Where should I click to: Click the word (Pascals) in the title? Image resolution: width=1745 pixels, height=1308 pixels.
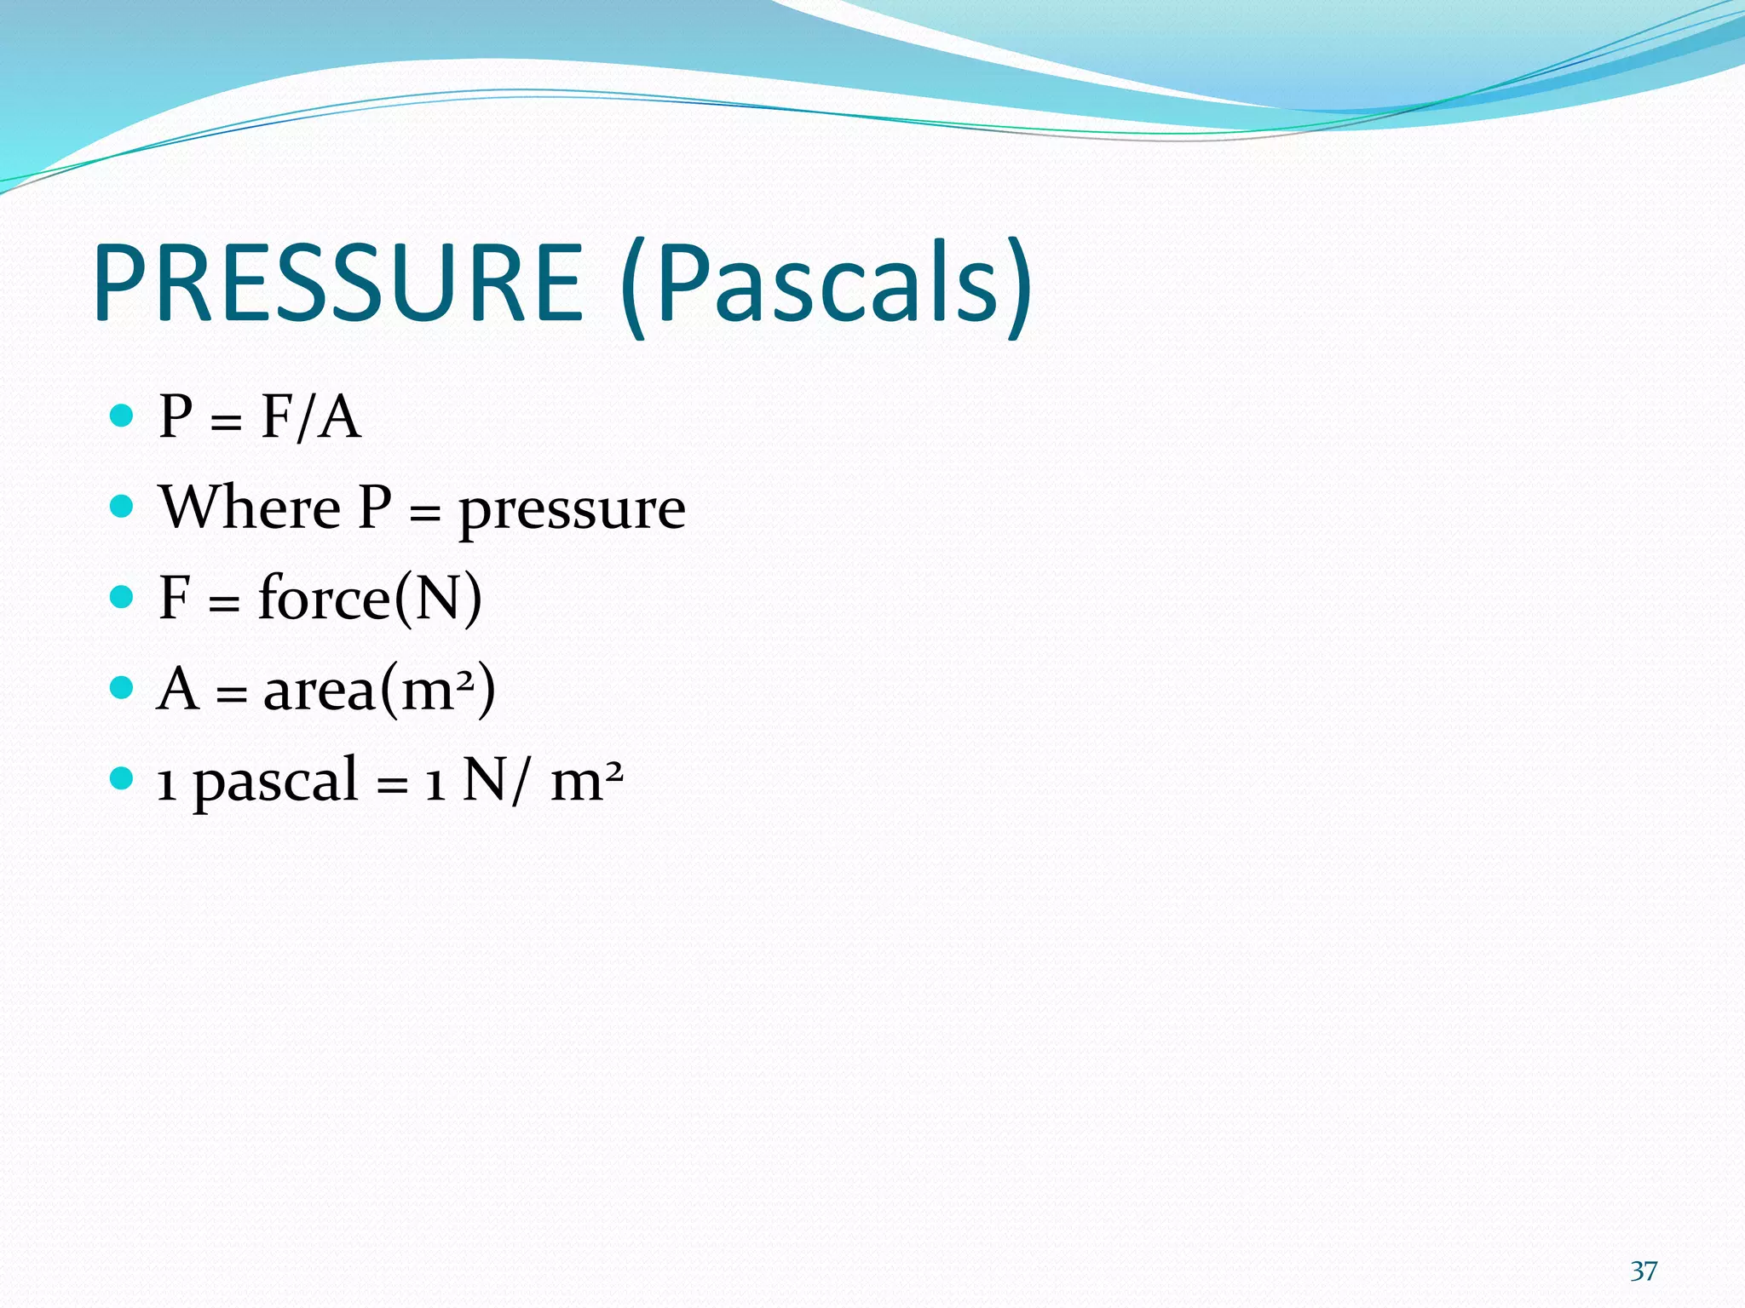pyautogui.click(x=826, y=285)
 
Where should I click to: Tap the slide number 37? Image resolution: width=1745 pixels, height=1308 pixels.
pyautogui.click(x=1644, y=1271)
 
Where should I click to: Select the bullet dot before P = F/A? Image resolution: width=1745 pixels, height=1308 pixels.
pyautogui.click(x=123, y=416)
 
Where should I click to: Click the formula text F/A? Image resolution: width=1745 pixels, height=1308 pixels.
pyautogui.click(x=310, y=418)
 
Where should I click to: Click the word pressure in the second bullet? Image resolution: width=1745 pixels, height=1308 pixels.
pyautogui.click(x=572, y=511)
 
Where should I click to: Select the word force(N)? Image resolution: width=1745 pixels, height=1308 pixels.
pyautogui.click(x=370, y=598)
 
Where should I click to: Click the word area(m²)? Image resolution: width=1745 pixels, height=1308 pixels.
pyautogui.click(x=379, y=689)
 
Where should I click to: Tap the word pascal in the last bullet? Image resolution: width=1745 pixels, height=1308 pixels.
pyautogui.click(x=275, y=781)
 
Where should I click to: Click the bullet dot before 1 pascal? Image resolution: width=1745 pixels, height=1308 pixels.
pyautogui.click(x=123, y=777)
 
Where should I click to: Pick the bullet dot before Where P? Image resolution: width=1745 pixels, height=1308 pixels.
pyautogui.click(x=123, y=507)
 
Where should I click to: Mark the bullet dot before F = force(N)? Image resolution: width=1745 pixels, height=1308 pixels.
pyautogui.click(x=123, y=597)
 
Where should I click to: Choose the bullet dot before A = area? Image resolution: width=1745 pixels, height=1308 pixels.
pyautogui.click(x=123, y=687)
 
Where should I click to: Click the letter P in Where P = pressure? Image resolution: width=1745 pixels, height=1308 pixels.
pyautogui.click(x=375, y=508)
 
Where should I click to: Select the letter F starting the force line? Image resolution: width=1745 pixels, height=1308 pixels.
pyautogui.click(x=175, y=598)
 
